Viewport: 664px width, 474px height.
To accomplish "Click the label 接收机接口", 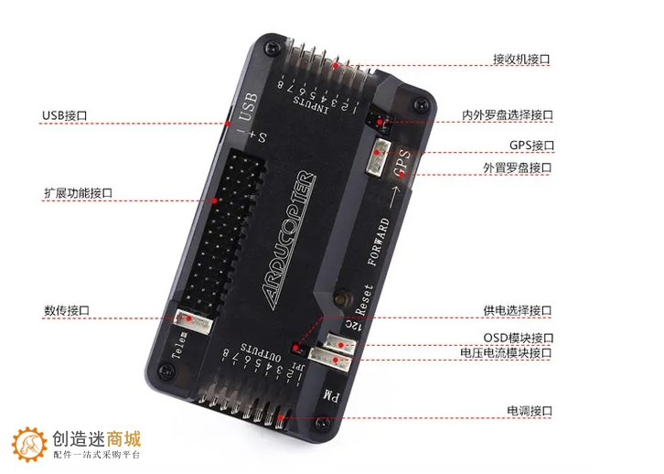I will point(521,59).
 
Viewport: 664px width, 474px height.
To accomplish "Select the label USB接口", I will point(64,116).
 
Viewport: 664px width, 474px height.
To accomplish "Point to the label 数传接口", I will point(66,310).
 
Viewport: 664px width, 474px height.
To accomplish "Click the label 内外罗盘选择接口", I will point(508,116).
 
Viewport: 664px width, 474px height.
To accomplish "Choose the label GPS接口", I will point(531,145).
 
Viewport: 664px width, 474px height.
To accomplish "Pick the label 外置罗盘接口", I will point(517,168).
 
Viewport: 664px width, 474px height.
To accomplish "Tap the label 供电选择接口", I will point(517,311).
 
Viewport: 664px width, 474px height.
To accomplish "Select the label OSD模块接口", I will point(518,338).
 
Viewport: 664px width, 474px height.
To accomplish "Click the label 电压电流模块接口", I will point(506,353).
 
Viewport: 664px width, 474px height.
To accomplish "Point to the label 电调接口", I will point(530,412).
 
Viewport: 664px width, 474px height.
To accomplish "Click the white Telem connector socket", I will point(191,319).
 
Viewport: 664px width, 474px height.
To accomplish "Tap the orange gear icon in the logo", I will point(30,444).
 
